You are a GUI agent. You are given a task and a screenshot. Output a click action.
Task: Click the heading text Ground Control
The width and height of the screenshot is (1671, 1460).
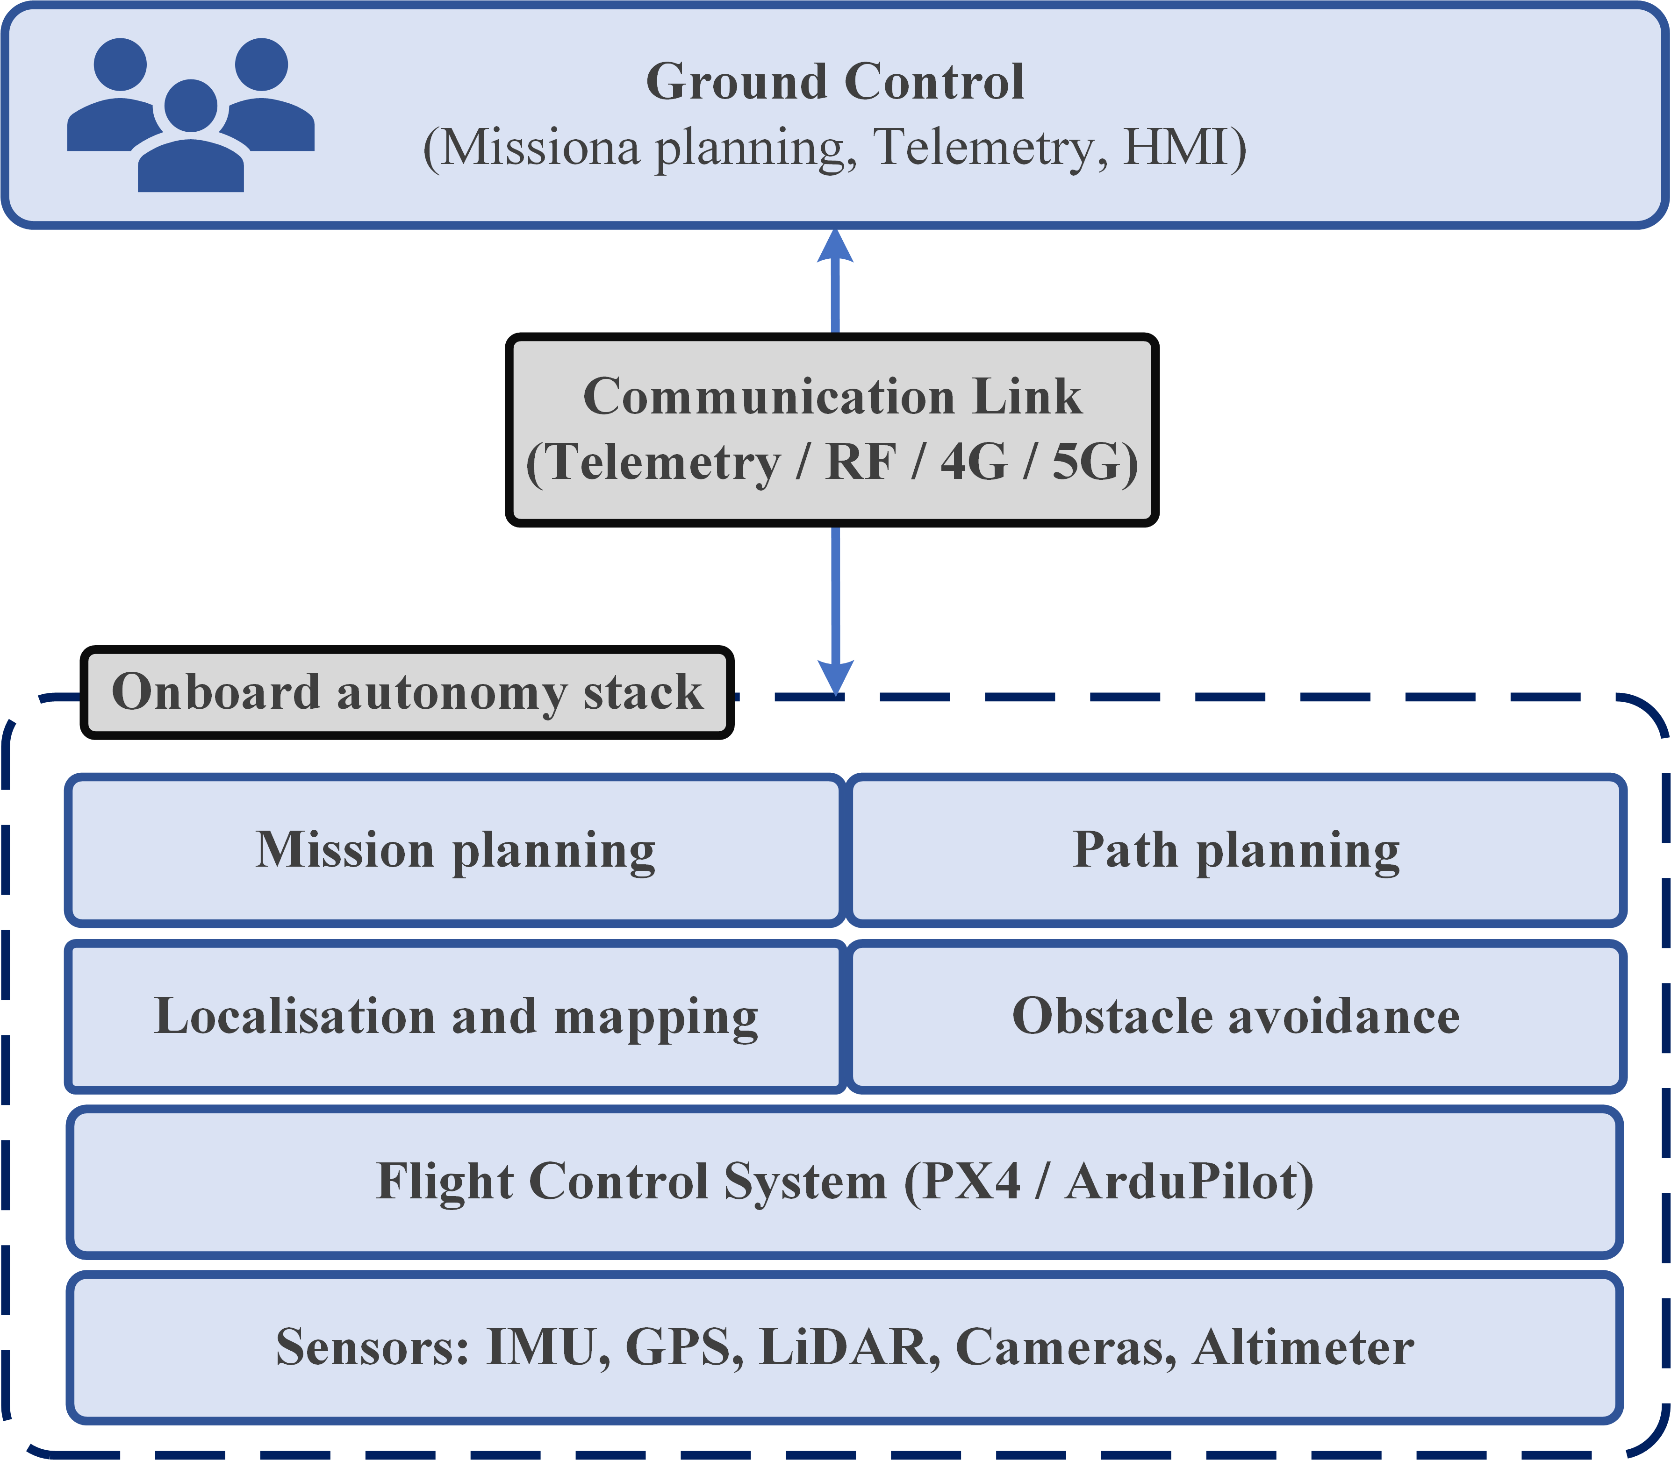tap(835, 82)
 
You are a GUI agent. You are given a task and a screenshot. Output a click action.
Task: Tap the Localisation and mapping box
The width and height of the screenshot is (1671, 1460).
tap(455, 1017)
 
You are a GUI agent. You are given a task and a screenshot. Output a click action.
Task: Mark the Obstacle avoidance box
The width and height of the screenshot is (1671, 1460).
tap(1236, 1017)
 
